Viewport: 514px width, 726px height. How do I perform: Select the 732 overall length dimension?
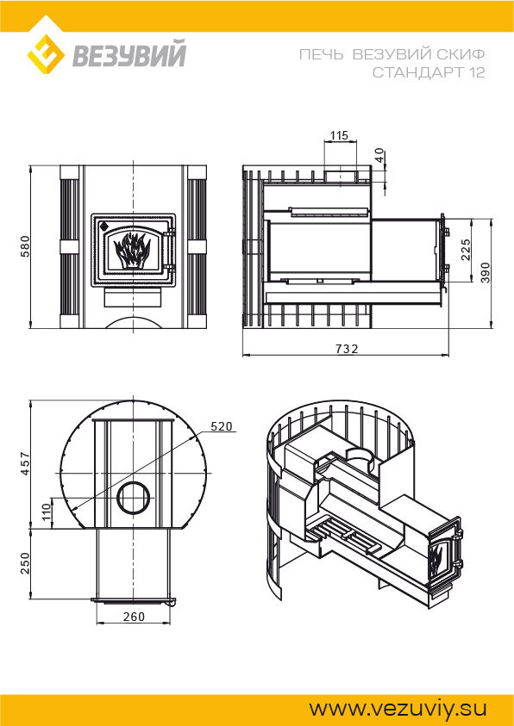348,349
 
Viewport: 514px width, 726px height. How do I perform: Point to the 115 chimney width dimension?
339,135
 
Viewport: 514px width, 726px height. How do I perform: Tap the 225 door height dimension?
466,249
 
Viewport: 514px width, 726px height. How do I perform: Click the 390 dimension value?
486,273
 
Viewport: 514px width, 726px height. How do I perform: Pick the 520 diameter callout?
221,426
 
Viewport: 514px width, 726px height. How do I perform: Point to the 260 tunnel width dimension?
134,617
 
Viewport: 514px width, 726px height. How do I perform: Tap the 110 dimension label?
47,512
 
